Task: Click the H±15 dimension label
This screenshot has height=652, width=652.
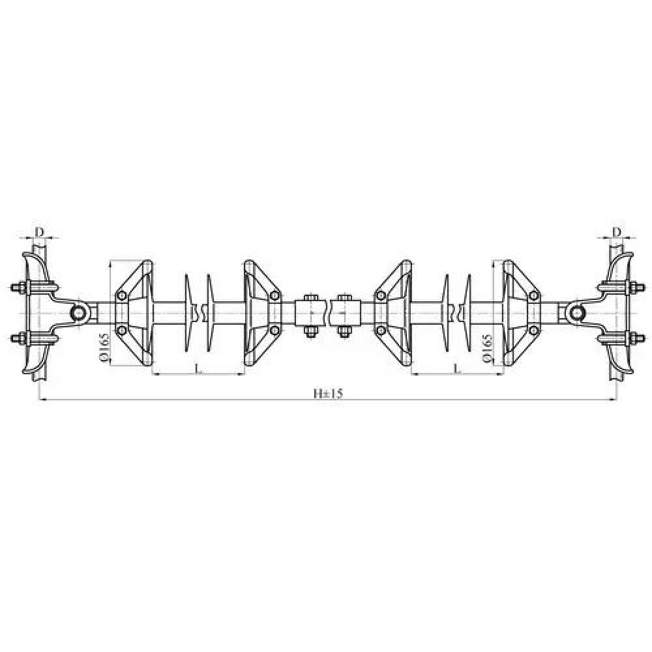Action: [x=328, y=393]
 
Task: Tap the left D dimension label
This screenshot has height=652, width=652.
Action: [x=39, y=231]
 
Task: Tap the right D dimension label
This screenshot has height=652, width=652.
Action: [x=617, y=231]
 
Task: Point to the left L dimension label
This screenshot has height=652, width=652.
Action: [x=198, y=368]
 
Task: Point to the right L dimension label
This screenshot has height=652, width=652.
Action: [x=457, y=368]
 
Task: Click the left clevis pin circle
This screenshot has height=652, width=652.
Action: [x=78, y=312]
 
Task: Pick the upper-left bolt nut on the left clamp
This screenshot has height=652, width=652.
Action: [x=17, y=288]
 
